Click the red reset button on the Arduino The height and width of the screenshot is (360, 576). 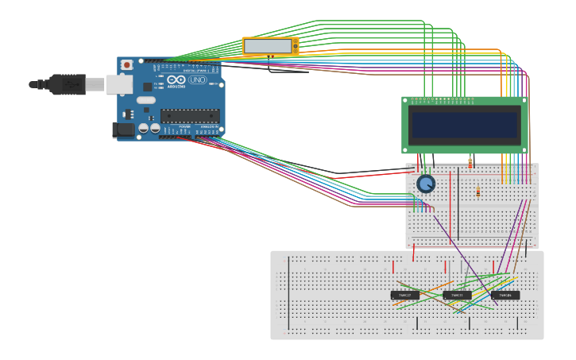126,65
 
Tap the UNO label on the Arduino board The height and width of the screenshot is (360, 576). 197,80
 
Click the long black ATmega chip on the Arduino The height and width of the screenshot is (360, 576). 190,116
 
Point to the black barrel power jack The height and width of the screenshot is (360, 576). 122,130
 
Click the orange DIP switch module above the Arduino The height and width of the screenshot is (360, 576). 270,47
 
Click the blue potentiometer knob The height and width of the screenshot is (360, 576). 426,184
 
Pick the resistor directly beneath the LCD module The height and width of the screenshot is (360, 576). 470,162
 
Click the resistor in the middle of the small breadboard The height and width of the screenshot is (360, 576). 477,191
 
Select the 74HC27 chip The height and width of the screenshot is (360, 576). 404,295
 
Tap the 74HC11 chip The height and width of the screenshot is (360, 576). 457,295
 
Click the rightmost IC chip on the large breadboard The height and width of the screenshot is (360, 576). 505,295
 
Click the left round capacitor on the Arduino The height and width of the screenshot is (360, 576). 144,127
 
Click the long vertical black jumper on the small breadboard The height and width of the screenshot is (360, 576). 458,203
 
